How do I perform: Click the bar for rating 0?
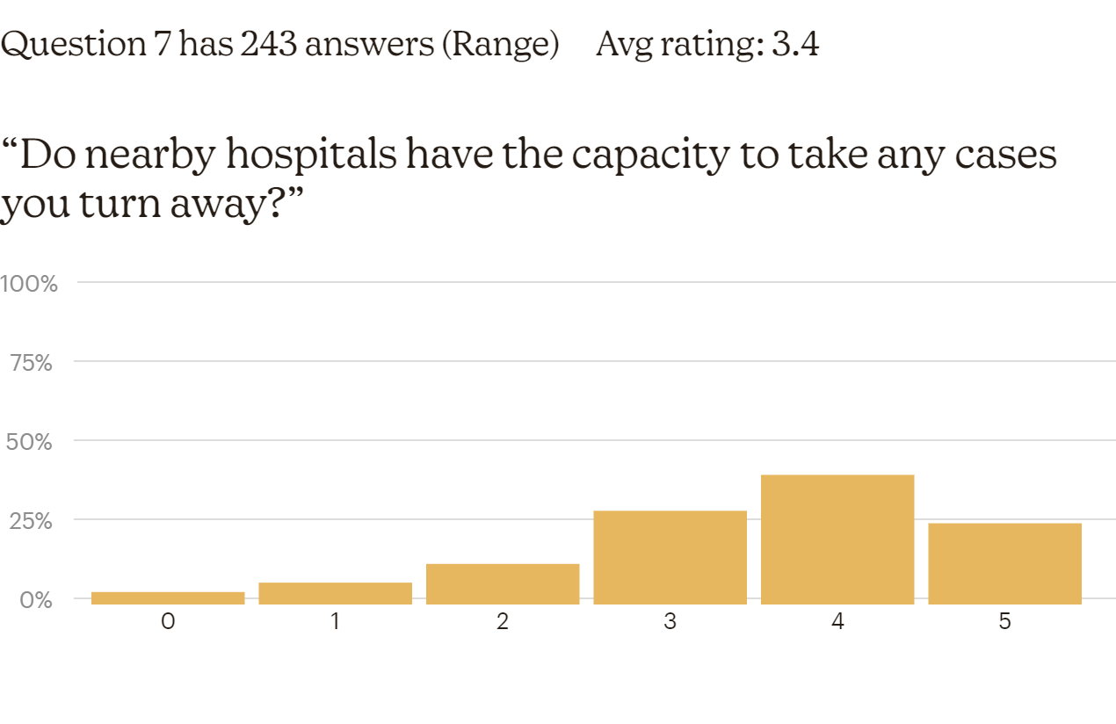point(168,597)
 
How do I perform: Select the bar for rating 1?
point(335,593)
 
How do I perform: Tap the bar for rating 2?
point(503,583)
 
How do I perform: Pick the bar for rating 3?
point(670,557)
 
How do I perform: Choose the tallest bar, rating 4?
point(837,539)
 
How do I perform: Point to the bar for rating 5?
point(1004,563)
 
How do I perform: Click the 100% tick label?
point(29,284)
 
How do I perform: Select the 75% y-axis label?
point(32,362)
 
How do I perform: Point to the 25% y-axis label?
point(30,520)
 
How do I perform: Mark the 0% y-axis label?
point(35,599)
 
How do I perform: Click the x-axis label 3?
point(670,622)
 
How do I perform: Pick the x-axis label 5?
point(1004,622)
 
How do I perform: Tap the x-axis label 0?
point(168,622)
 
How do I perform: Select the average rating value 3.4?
point(794,44)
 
